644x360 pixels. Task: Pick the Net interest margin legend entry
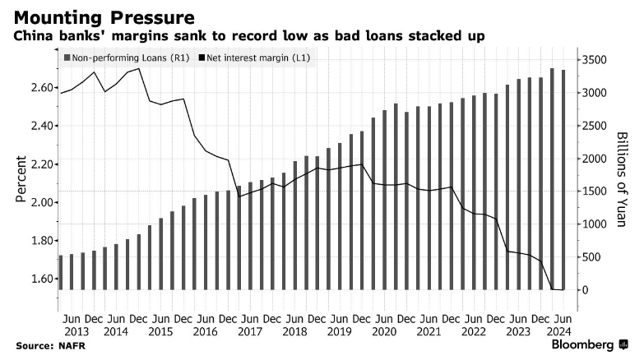click(x=255, y=58)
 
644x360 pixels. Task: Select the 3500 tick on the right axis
click(x=595, y=60)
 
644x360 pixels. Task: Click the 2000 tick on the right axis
click(x=595, y=159)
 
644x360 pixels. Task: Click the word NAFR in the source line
click(x=71, y=346)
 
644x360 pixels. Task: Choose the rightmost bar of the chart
click(x=563, y=180)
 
